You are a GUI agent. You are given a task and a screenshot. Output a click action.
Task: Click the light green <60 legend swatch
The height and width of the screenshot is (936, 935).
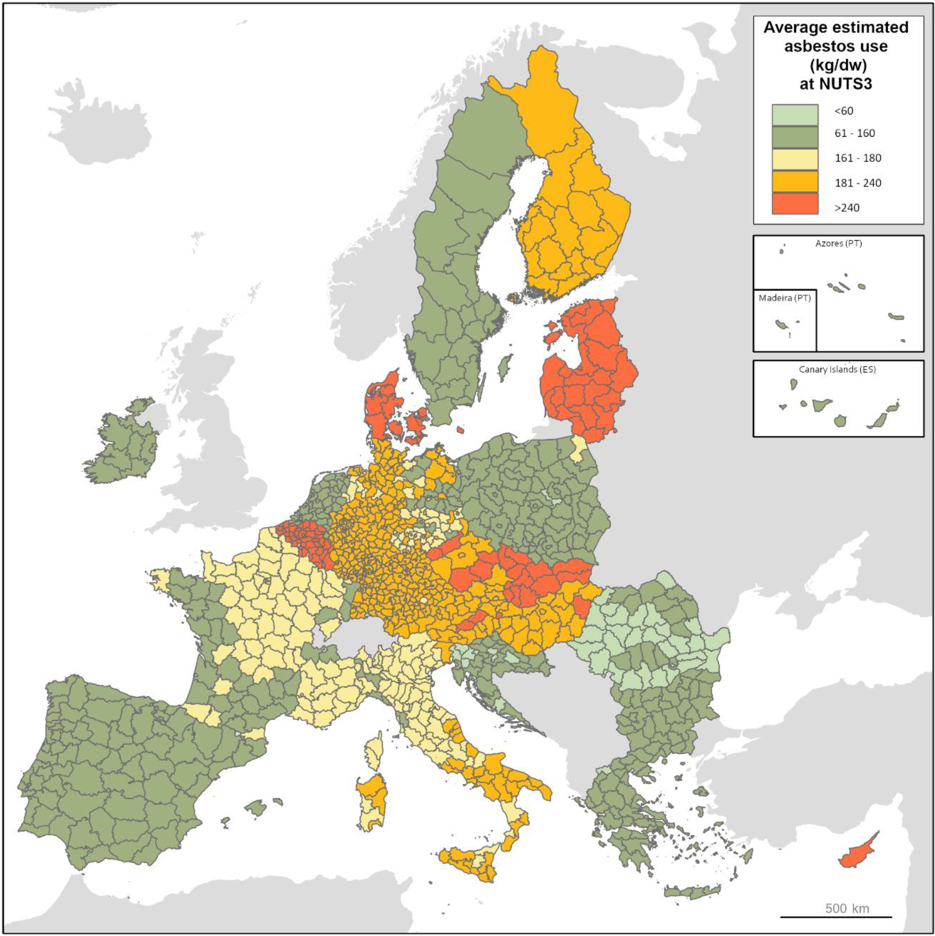pyautogui.click(x=794, y=115)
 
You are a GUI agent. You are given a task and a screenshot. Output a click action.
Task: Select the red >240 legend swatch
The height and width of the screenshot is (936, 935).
pyautogui.click(x=794, y=203)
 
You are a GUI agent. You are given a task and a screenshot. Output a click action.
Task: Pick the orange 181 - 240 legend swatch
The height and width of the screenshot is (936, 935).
pyautogui.click(x=794, y=181)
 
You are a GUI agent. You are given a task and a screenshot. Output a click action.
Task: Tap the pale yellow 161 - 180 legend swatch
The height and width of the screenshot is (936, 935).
pyautogui.click(x=794, y=159)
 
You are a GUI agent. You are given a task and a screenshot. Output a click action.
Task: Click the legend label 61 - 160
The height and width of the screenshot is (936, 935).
pyautogui.click(x=855, y=133)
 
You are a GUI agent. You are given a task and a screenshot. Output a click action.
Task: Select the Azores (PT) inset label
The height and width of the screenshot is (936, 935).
pyautogui.click(x=838, y=243)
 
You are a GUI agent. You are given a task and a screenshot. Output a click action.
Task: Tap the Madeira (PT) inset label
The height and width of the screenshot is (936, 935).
pyautogui.click(x=785, y=298)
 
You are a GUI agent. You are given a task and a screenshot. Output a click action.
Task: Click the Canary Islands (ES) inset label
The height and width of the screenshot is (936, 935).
pyautogui.click(x=837, y=370)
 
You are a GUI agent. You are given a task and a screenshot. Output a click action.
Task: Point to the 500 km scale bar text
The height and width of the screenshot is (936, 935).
pyautogui.click(x=846, y=908)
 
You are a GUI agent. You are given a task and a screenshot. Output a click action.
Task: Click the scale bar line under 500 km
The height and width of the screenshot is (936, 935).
pyautogui.click(x=836, y=917)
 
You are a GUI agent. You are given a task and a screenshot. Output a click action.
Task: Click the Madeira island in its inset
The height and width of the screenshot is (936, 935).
pyautogui.click(x=781, y=324)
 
